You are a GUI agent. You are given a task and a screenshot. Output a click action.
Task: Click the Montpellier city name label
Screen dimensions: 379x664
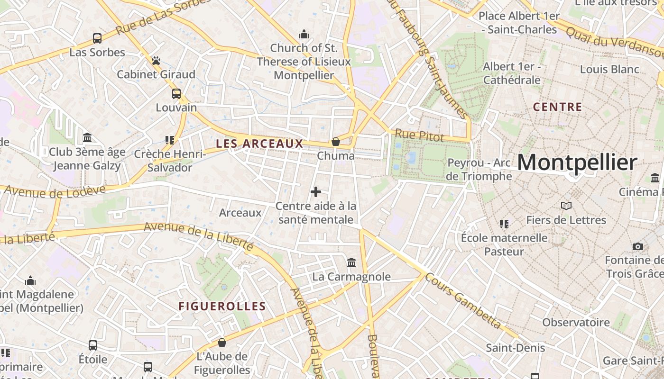click(577, 163)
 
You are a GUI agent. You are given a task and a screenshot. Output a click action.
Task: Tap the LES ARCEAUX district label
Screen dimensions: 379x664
click(259, 144)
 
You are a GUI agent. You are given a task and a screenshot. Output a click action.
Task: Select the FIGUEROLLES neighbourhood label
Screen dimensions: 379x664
click(222, 307)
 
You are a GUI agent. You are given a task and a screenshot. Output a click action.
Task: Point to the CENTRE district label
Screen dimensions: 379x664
click(557, 107)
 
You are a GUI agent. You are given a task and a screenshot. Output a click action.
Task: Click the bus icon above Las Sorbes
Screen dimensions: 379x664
click(97, 38)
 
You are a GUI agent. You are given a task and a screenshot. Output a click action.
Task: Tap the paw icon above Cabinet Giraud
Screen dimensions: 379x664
click(156, 61)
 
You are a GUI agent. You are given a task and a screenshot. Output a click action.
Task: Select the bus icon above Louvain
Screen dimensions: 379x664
click(176, 94)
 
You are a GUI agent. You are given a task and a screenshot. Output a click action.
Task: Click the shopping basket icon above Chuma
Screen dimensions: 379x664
click(336, 142)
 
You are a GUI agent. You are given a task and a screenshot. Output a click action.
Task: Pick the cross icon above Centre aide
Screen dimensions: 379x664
click(316, 192)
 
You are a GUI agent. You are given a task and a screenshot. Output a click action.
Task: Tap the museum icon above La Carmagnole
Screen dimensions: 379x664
click(351, 262)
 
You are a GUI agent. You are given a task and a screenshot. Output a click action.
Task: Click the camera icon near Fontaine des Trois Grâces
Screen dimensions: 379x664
click(638, 246)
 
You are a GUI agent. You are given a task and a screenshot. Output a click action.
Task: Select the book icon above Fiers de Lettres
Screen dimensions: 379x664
click(566, 206)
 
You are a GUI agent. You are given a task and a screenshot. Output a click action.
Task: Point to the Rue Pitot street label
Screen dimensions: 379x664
click(419, 136)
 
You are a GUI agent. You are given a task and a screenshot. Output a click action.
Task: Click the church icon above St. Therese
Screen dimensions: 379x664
click(304, 35)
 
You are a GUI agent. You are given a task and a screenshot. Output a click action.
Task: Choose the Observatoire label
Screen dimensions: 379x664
click(576, 323)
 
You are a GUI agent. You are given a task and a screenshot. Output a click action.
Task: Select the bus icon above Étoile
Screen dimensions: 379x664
click(93, 345)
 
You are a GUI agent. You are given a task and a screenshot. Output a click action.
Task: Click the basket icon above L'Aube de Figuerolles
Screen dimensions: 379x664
click(222, 343)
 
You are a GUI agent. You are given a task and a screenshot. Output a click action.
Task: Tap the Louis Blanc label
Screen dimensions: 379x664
click(609, 70)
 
